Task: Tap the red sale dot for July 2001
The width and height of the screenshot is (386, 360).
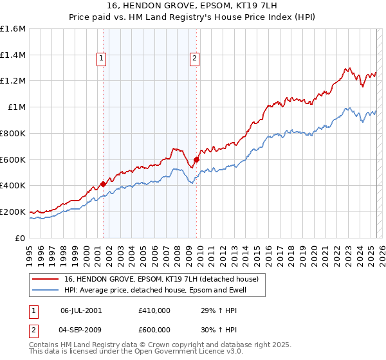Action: click(103, 184)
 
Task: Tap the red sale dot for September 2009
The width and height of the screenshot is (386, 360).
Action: click(196, 159)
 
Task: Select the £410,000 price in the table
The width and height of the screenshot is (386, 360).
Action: click(154, 310)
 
